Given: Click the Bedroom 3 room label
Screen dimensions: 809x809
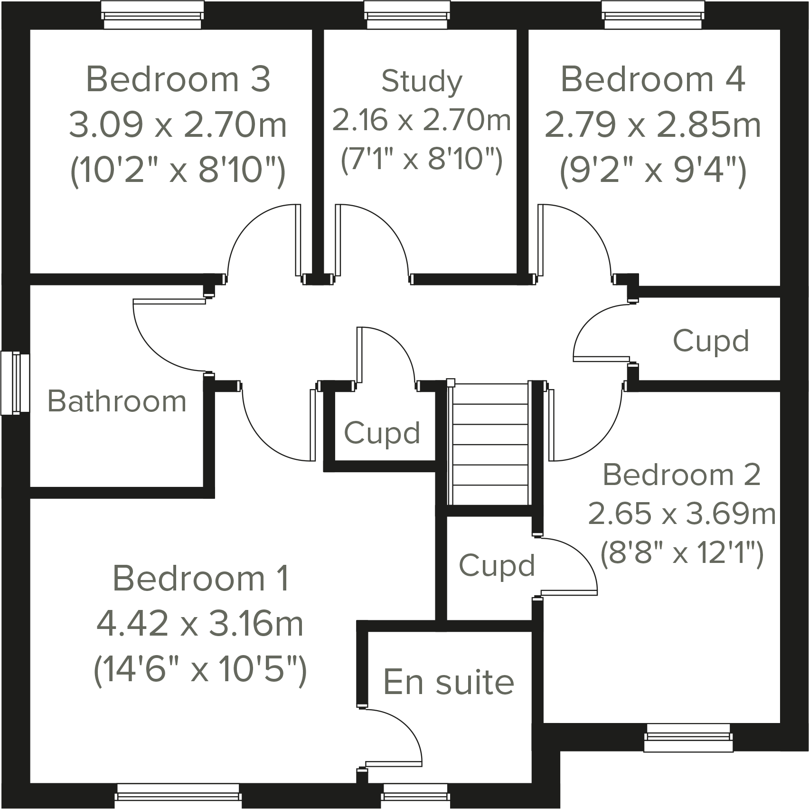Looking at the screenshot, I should tap(178, 79).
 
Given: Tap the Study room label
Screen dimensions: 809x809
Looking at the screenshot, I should tap(422, 81).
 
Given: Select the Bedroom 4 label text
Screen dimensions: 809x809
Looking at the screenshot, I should tap(653, 79).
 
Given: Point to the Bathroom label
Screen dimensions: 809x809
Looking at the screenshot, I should tap(117, 401).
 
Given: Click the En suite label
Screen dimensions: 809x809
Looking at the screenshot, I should tap(448, 682).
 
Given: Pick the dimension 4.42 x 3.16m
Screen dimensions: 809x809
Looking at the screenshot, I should tap(200, 624).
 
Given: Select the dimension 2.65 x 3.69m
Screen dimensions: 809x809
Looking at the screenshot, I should tap(682, 514).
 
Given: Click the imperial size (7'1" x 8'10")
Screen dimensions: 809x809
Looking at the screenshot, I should tap(422, 159).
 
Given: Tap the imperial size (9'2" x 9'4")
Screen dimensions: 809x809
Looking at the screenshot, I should tap(653, 171).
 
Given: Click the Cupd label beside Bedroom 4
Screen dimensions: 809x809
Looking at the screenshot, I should tap(711, 341).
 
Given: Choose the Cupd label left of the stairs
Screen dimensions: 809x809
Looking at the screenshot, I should tap(382, 433).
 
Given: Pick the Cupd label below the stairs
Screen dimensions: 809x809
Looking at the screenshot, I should tap(497, 565).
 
